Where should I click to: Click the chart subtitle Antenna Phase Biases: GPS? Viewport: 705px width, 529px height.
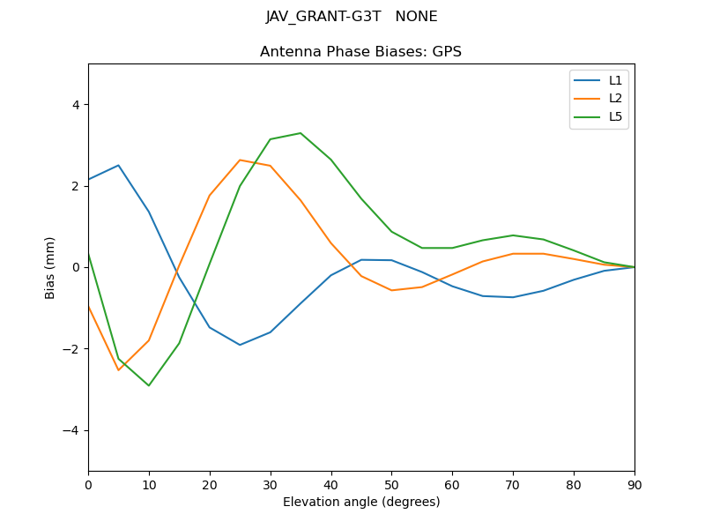[360, 52]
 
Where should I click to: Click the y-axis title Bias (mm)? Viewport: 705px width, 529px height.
[50, 267]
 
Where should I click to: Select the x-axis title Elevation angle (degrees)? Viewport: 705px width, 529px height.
[360, 502]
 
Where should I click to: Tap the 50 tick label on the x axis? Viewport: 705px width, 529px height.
[391, 484]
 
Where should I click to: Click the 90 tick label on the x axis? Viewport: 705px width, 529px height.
[634, 484]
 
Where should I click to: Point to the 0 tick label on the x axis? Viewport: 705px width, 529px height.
[88, 484]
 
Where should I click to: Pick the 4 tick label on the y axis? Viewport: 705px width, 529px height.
[75, 105]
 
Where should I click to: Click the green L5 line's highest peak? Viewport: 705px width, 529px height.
[301, 133]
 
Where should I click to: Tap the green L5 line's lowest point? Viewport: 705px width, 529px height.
[149, 385]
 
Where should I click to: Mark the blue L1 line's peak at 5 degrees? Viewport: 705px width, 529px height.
[118, 165]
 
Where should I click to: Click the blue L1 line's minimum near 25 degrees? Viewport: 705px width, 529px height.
[240, 345]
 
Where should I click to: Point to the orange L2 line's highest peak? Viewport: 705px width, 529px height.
[240, 160]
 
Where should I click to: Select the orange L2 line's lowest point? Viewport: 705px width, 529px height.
[118, 369]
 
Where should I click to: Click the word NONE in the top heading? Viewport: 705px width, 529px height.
[417, 17]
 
